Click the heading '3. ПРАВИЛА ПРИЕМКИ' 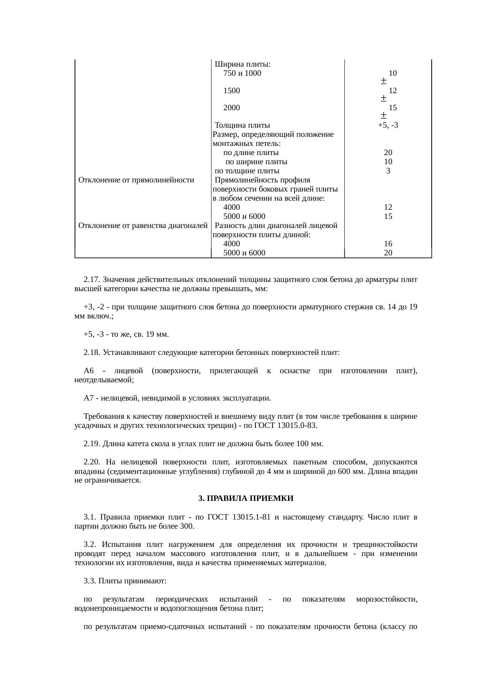(x=246, y=499)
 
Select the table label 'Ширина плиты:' (x=242, y=64)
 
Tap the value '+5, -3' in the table (x=388, y=125)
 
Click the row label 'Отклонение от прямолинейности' (x=136, y=180)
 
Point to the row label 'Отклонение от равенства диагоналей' (x=143, y=226)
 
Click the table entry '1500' (x=232, y=91)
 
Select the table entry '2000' (x=232, y=108)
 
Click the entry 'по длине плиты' (x=251, y=153)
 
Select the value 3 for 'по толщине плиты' (x=388, y=171)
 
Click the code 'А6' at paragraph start (x=88, y=371)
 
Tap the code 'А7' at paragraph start (x=88, y=398)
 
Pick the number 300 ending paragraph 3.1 (x=187, y=526)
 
